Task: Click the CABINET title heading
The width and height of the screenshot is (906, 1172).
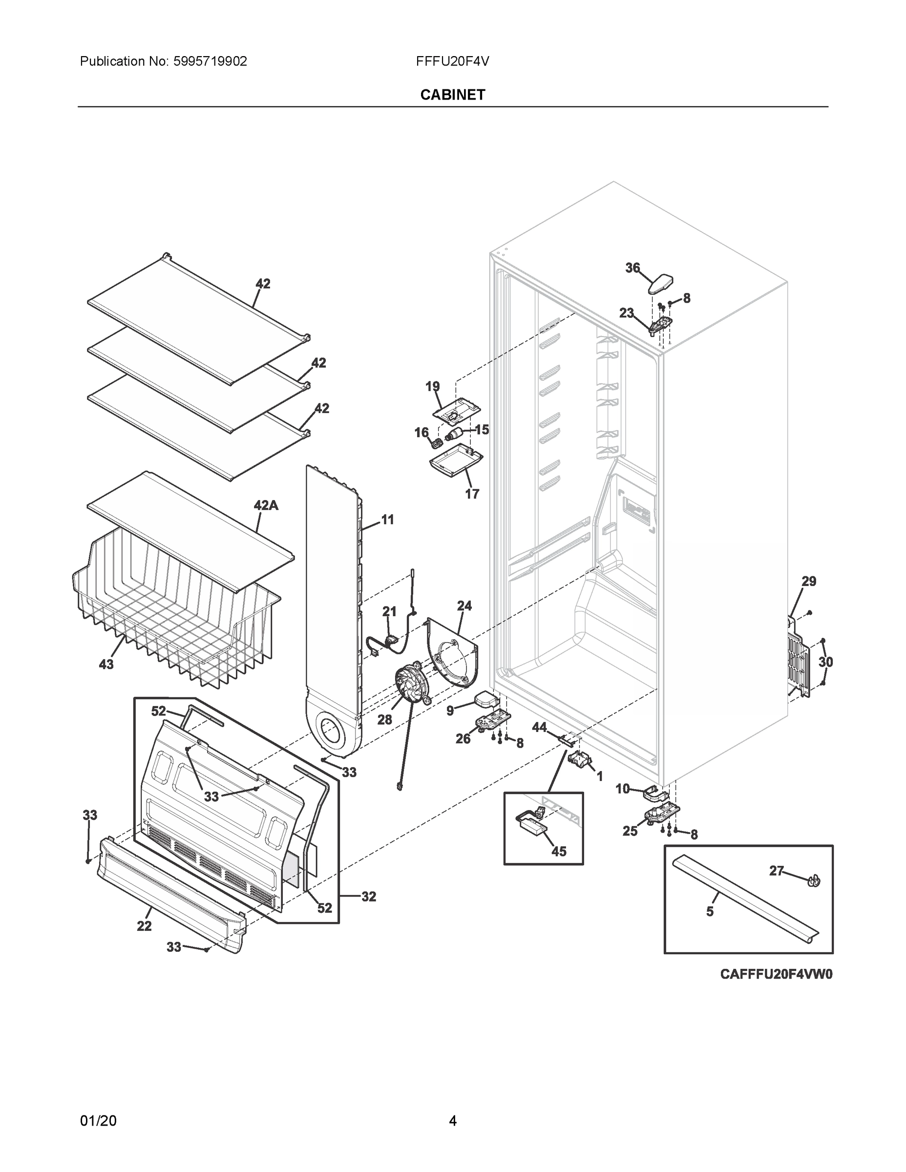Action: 452,95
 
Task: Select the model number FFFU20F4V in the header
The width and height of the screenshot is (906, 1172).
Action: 452,62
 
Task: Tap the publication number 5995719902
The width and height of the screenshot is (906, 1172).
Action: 210,62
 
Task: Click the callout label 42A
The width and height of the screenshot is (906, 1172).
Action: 266,505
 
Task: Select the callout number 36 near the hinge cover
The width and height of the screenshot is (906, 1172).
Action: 633,267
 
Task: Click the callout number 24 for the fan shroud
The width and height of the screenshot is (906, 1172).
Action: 464,606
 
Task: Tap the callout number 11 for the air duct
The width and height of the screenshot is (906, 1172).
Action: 387,520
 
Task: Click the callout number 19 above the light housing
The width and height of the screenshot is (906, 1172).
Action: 433,386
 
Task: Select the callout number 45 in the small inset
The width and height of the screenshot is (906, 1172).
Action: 559,852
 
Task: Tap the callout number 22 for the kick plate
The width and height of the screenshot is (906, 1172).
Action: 144,926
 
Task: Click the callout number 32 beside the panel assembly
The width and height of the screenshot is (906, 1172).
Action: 368,896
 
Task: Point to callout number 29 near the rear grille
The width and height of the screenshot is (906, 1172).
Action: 809,581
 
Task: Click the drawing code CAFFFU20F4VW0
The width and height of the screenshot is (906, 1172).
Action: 776,974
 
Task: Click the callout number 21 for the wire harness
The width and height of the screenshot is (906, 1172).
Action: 389,611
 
